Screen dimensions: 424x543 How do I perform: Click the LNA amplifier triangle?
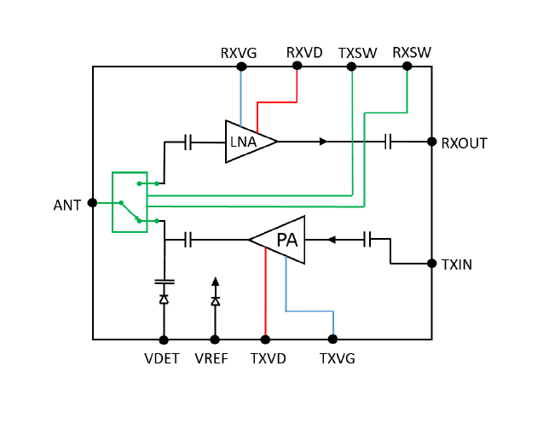(248, 141)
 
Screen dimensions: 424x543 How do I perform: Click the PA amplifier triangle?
(280, 240)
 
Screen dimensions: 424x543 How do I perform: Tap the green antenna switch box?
(130, 202)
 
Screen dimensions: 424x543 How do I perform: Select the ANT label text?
(66, 205)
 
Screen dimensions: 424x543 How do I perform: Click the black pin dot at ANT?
(92, 203)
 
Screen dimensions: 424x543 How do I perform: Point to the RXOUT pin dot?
(432, 142)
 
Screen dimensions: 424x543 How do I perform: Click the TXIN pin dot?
(432, 264)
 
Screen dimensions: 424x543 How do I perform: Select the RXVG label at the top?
(239, 53)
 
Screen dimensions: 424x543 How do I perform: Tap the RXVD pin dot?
(297, 66)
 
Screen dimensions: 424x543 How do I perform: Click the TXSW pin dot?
(352, 66)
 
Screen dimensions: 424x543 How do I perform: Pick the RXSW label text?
(412, 53)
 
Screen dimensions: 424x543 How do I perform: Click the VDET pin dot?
(163, 340)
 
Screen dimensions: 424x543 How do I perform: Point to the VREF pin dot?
(215, 340)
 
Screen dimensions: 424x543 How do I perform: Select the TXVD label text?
(268, 358)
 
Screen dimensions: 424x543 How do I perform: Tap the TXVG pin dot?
(332, 340)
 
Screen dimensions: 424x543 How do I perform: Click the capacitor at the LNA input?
(188, 142)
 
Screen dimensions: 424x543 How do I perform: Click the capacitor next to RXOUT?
(389, 142)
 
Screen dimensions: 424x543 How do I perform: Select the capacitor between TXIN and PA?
(368, 240)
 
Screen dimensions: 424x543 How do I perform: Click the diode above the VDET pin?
(163, 299)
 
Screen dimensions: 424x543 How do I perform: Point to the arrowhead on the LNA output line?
(323, 142)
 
